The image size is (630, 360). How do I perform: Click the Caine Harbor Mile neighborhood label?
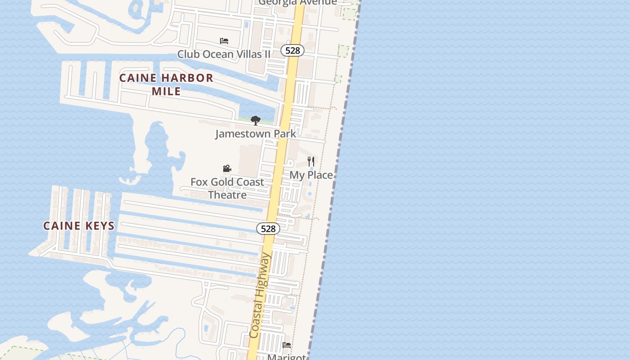coord(166,84)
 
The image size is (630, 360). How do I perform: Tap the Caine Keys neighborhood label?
coord(79,226)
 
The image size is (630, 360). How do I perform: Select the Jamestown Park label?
coord(256,134)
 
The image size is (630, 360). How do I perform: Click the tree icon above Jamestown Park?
coord(256,121)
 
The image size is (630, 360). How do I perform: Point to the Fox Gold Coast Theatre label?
coord(227,188)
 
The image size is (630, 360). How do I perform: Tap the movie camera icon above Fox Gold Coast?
coord(227,169)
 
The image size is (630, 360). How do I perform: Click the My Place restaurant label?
coord(311,175)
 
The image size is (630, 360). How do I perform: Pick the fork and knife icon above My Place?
coord(310,161)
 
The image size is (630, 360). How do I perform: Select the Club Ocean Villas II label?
coord(224,54)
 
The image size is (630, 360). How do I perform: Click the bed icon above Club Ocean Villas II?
coord(224,41)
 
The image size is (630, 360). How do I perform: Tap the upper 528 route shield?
coord(292,50)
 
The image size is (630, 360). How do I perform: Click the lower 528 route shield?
coord(268,229)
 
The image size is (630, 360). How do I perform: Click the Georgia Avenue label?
coord(298,2)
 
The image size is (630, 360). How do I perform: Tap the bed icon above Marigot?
coord(287,345)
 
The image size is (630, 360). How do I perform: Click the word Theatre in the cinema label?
coord(227,195)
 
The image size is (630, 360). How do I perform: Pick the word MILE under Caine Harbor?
coord(166,91)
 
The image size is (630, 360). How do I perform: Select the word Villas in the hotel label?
coord(246,54)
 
